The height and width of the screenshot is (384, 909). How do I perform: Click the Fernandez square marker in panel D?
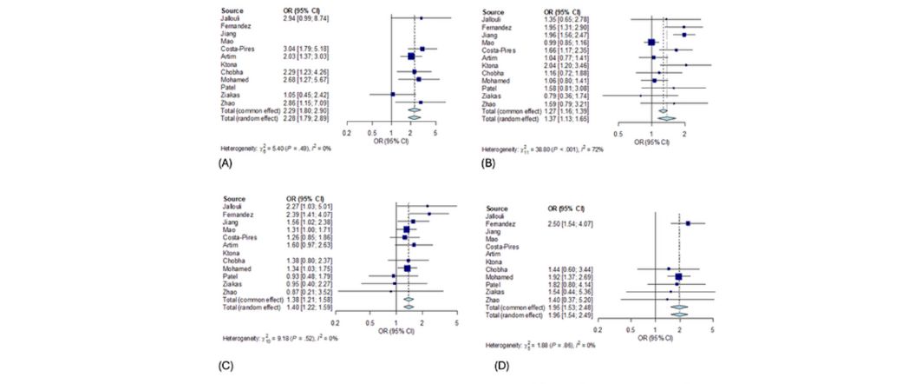pos(688,223)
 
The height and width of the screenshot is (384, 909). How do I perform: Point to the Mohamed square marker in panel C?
pos(407,268)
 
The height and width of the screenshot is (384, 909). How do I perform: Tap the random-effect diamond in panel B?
pos(664,117)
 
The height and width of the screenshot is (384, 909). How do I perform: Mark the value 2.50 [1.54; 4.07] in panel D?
pos(574,223)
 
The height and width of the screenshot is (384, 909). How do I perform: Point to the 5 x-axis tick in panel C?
pos(456,321)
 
